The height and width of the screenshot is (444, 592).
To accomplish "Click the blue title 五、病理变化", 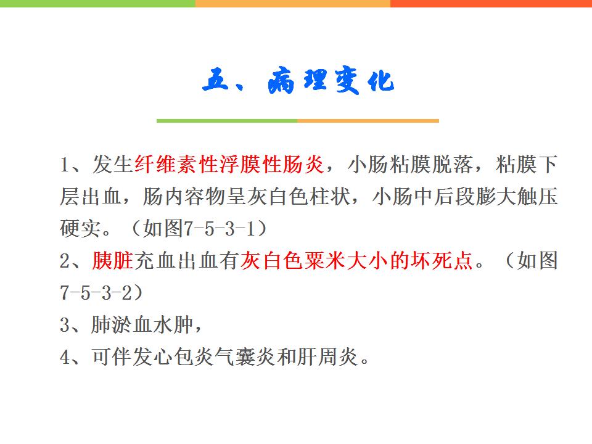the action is pos(298,80).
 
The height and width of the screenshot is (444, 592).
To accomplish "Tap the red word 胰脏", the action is pos(113,260).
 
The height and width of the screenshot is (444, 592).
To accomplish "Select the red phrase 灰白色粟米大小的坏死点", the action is pos(356,260).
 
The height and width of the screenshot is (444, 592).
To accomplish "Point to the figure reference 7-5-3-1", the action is pos(220,228).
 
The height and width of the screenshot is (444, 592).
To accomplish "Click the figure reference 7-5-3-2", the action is pos(96,292).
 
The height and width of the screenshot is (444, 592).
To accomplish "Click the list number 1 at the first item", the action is pos(65,165).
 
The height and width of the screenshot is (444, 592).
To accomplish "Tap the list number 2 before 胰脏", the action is pos(65,261).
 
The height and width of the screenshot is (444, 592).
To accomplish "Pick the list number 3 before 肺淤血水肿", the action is pos(65,325).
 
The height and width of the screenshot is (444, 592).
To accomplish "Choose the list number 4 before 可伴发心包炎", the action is pos(65,357).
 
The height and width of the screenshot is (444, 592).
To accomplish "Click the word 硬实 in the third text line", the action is pos(81,228).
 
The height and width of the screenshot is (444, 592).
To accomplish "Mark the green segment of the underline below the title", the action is pos(227,121).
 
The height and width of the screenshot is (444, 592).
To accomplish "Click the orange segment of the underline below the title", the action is pos(368,121).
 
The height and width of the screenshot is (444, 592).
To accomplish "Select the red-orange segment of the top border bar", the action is pos(491,4).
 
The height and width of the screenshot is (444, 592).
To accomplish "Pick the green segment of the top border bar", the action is pos(97,4).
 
